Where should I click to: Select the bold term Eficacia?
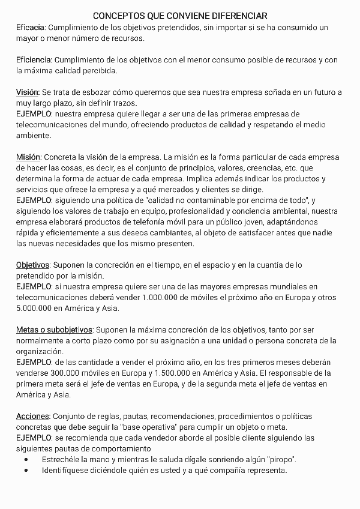[31, 28]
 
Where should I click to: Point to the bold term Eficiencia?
[34, 60]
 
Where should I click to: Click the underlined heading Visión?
[27, 92]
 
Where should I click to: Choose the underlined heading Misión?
[28, 157]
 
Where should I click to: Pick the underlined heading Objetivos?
[32, 265]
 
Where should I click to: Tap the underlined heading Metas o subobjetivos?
[54, 330]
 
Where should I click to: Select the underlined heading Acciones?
[32, 416]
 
